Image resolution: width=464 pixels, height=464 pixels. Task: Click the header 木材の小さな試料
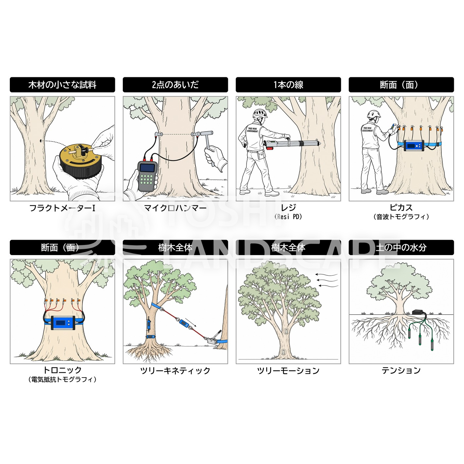[62, 85]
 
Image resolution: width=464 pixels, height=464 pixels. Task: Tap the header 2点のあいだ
[175, 85]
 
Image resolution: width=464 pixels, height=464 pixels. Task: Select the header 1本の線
[288, 85]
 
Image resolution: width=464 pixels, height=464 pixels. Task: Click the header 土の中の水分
[401, 248]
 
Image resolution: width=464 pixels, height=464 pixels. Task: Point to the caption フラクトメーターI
[62, 208]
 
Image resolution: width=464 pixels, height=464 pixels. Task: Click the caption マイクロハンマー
[175, 208]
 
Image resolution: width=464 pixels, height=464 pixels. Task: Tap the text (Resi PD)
[288, 217]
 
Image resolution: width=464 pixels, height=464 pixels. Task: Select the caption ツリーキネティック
[175, 371]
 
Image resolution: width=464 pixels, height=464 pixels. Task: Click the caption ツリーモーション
[288, 371]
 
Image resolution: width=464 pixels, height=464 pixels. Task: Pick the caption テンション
[401, 370]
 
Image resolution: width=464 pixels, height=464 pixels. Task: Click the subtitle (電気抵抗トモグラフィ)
[62, 380]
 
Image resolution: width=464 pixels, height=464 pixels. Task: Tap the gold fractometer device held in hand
[81, 161]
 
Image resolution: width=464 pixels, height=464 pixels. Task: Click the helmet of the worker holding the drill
[260, 113]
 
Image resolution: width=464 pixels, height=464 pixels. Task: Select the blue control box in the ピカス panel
[414, 145]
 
